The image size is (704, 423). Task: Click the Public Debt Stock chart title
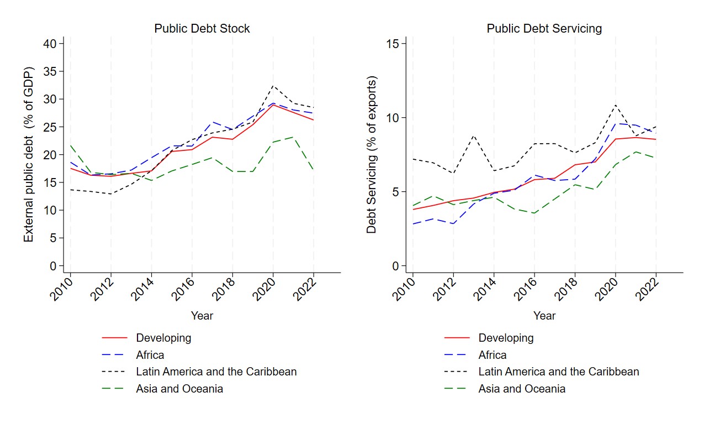[202, 29]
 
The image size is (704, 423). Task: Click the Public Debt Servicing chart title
[544, 29]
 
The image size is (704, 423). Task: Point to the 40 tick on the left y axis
[50, 44]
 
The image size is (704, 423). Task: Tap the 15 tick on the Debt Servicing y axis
[392, 44]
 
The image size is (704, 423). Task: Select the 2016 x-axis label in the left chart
[183, 290]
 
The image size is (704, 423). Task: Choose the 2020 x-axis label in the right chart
[607, 290]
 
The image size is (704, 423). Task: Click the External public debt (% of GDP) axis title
[28, 154]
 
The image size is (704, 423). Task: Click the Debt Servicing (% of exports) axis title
[371, 154]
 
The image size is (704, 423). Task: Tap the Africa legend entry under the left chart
[150, 355]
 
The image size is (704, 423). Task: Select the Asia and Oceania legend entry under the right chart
[522, 389]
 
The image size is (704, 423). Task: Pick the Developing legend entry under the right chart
[506, 338]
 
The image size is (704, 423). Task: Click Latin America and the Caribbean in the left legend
[216, 372]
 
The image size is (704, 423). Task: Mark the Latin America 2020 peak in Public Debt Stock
[273, 86]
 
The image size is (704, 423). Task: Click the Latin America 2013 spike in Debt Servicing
[474, 135]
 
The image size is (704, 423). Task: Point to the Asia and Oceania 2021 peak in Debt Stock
[293, 137]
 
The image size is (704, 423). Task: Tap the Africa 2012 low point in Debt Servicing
[453, 224]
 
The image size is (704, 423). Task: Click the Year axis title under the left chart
[202, 316]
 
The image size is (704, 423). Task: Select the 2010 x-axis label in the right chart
[404, 290]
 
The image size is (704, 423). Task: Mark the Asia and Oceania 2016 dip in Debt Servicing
[534, 213]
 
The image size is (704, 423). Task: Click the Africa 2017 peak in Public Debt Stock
[213, 122]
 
